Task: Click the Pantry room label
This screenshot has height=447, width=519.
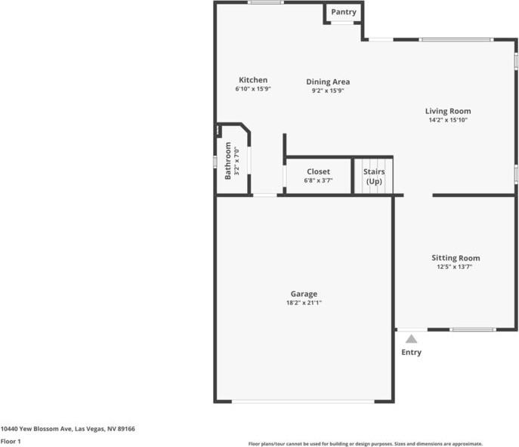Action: (344, 12)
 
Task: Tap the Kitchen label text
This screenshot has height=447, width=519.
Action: (253, 80)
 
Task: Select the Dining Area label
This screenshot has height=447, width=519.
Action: (328, 82)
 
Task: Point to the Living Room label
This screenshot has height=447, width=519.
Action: (448, 111)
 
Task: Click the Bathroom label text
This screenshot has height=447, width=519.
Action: (227, 161)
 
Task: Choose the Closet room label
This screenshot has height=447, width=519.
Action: (318, 171)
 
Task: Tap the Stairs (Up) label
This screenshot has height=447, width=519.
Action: (374, 177)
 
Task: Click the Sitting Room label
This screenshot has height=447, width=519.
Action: (456, 258)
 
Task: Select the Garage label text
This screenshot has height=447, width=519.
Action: (304, 294)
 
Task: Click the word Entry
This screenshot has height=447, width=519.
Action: (412, 353)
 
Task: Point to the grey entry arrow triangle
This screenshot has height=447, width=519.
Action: (411, 339)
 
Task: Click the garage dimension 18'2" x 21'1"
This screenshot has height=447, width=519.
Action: (304, 303)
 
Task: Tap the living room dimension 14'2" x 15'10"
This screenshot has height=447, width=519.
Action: (448, 120)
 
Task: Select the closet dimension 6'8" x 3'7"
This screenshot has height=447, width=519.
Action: (318, 180)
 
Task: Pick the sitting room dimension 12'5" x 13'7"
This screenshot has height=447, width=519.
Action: (455, 267)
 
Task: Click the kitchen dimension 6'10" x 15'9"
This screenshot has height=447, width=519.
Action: (253, 89)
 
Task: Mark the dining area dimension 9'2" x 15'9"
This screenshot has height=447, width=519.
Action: (328, 91)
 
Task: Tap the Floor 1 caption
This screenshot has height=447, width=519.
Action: (11, 441)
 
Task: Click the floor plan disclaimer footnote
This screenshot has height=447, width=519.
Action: (366, 444)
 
